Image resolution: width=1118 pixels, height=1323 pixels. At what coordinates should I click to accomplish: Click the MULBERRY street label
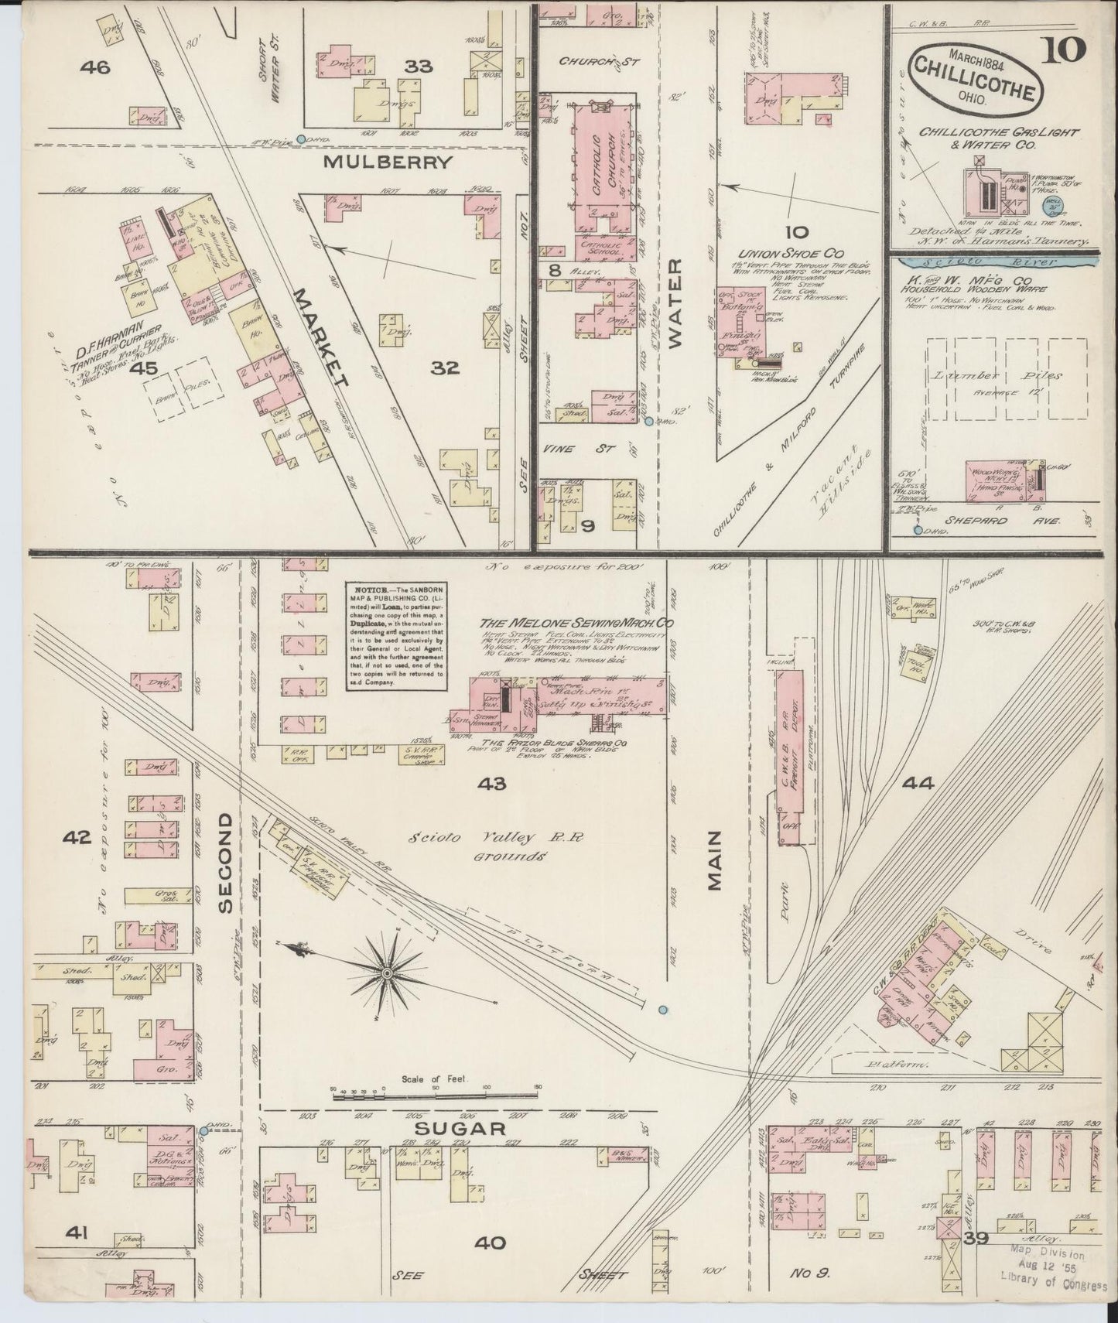387,162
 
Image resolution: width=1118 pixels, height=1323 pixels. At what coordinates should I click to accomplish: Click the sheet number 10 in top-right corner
1068,51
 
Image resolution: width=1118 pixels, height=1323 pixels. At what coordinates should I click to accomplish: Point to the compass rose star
385,970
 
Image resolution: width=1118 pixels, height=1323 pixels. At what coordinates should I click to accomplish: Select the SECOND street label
226,863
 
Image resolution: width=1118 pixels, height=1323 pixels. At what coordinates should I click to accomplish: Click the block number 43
492,784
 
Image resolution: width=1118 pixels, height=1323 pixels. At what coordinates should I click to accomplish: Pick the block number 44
918,784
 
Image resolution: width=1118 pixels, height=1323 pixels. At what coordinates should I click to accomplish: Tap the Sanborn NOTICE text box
395,635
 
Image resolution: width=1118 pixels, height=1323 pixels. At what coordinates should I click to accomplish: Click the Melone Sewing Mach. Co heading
576,622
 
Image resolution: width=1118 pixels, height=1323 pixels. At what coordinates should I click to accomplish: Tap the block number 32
445,368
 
